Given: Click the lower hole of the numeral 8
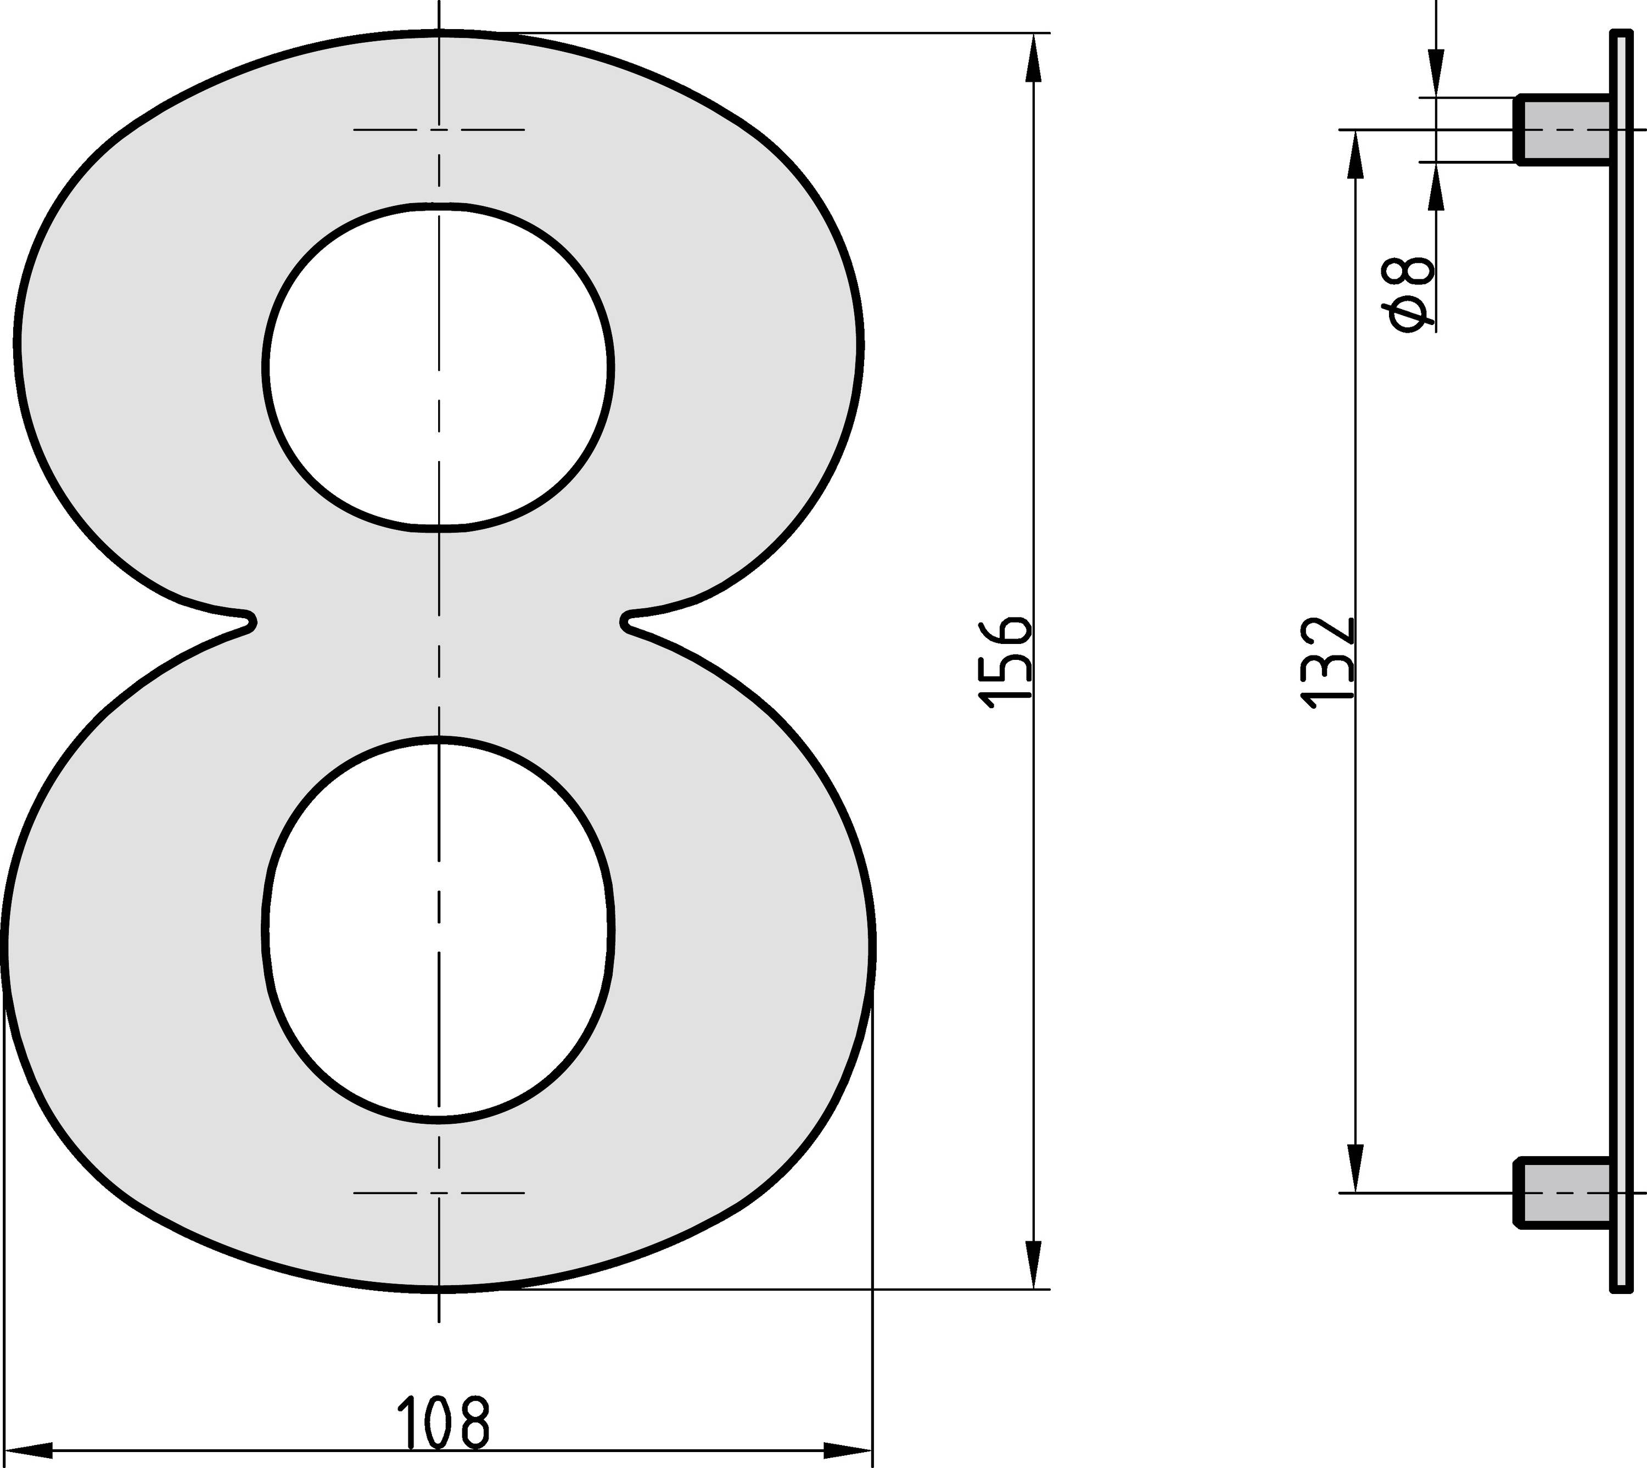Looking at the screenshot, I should [439, 928].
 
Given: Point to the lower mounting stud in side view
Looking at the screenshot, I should [1563, 1192].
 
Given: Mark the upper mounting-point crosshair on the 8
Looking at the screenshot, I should [439, 129].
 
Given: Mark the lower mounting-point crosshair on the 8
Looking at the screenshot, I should [439, 1192].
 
